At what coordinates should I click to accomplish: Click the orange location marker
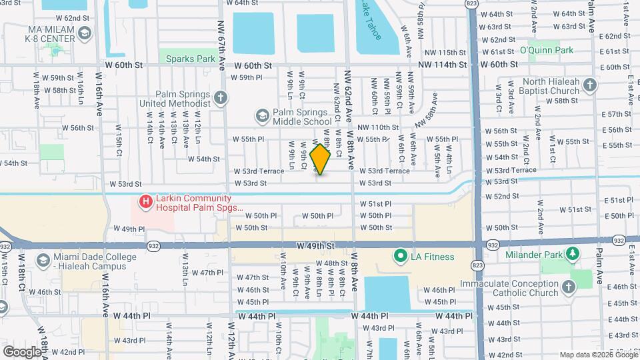[x=321, y=159]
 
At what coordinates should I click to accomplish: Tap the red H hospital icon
[x=144, y=200]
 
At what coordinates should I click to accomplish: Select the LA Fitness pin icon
[x=400, y=256]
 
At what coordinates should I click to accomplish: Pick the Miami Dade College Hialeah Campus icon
[x=43, y=260]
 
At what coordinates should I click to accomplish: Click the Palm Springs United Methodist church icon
[x=221, y=99]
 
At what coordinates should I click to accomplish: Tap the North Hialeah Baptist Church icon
[x=589, y=85]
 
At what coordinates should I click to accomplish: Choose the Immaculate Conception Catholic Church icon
[x=568, y=287]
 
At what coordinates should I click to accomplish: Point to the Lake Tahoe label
[x=371, y=20]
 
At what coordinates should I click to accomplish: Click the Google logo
[x=22, y=351]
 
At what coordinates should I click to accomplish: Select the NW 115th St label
[x=443, y=53]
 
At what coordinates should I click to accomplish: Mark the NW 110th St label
[x=377, y=127]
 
